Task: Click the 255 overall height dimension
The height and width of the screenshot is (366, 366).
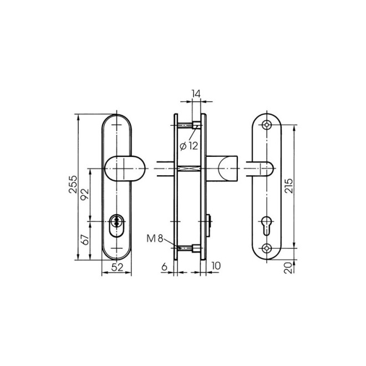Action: tap(73, 184)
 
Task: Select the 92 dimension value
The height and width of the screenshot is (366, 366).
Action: tap(85, 194)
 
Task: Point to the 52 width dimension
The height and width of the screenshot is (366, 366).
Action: tap(117, 267)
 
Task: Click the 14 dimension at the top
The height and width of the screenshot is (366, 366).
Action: tap(196, 94)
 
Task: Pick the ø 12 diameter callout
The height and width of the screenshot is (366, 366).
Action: tap(189, 146)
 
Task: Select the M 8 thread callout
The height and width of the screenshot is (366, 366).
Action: tap(155, 238)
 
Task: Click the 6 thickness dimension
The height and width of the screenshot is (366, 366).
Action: tap(165, 267)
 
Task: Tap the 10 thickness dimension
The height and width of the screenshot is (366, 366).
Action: tap(216, 266)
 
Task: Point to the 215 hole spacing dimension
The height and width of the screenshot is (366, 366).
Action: tap(289, 186)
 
